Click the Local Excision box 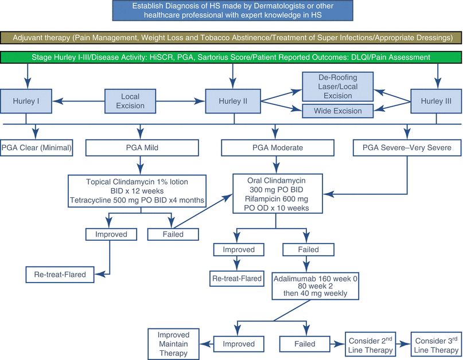click(x=130, y=101)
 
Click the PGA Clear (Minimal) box click(x=37, y=147)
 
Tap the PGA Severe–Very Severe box click(x=406, y=147)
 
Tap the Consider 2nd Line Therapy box click(x=369, y=343)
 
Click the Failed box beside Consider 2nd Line click(x=304, y=343)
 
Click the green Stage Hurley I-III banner click(x=231, y=57)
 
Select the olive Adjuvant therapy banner click(x=231, y=37)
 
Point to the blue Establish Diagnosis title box click(x=231, y=11)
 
